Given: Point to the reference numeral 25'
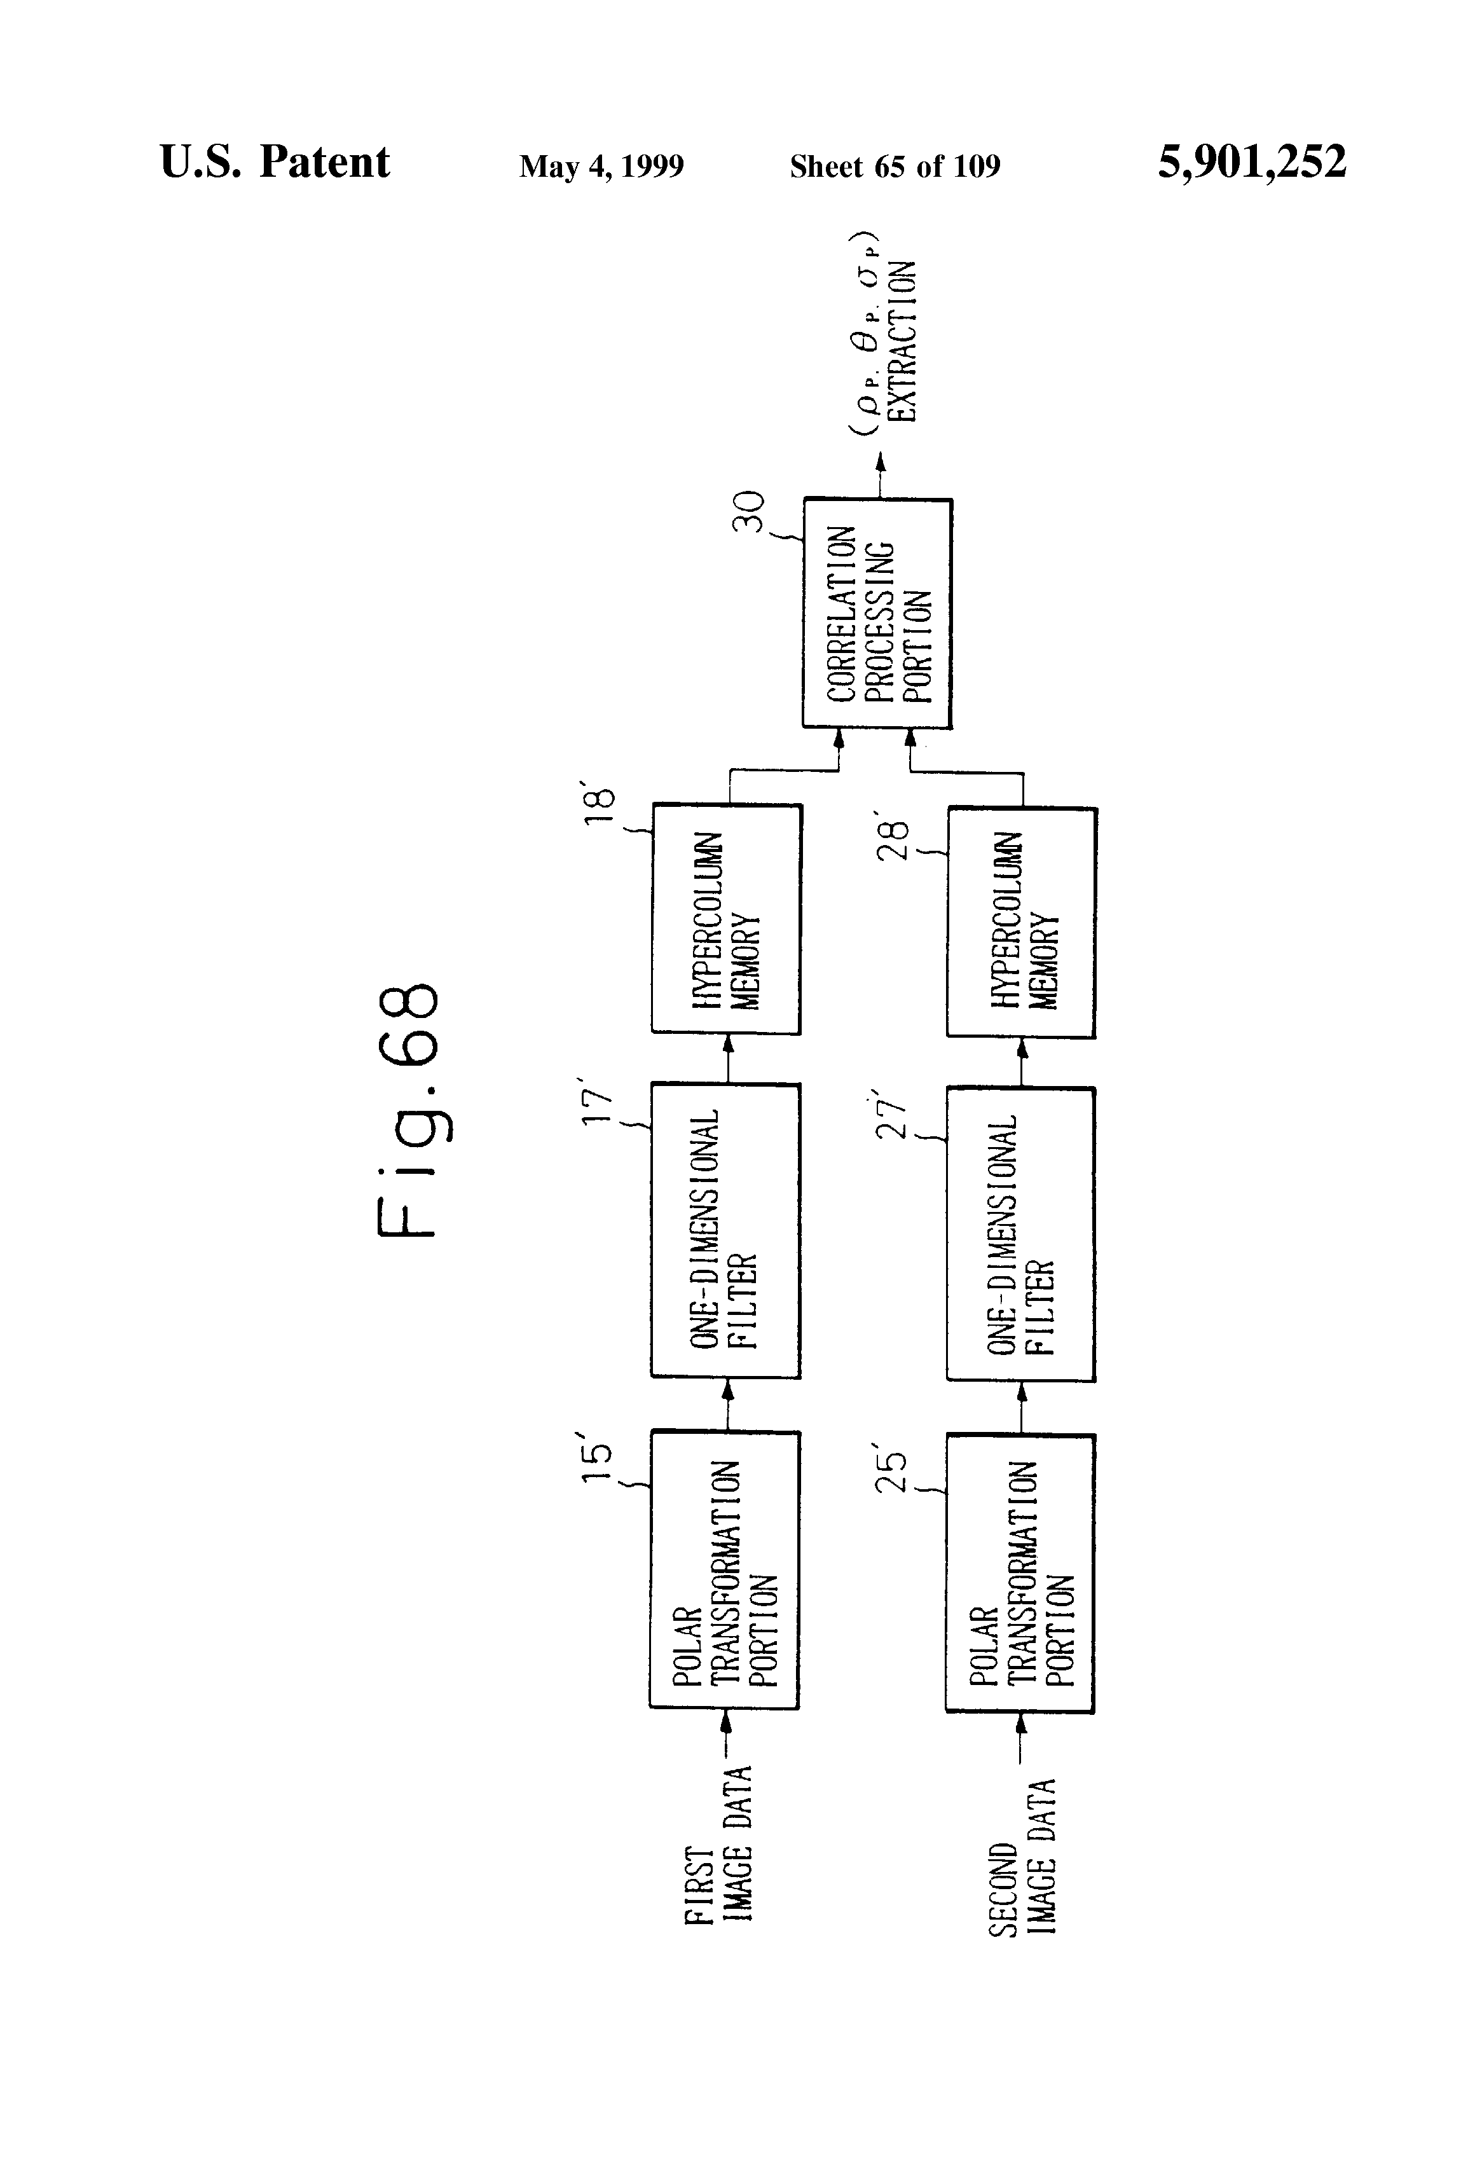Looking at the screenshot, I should coord(891,1473).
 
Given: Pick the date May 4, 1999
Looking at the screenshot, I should coord(601,167).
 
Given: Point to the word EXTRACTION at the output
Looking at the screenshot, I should coord(902,341).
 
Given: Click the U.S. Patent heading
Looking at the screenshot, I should coord(275,162).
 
